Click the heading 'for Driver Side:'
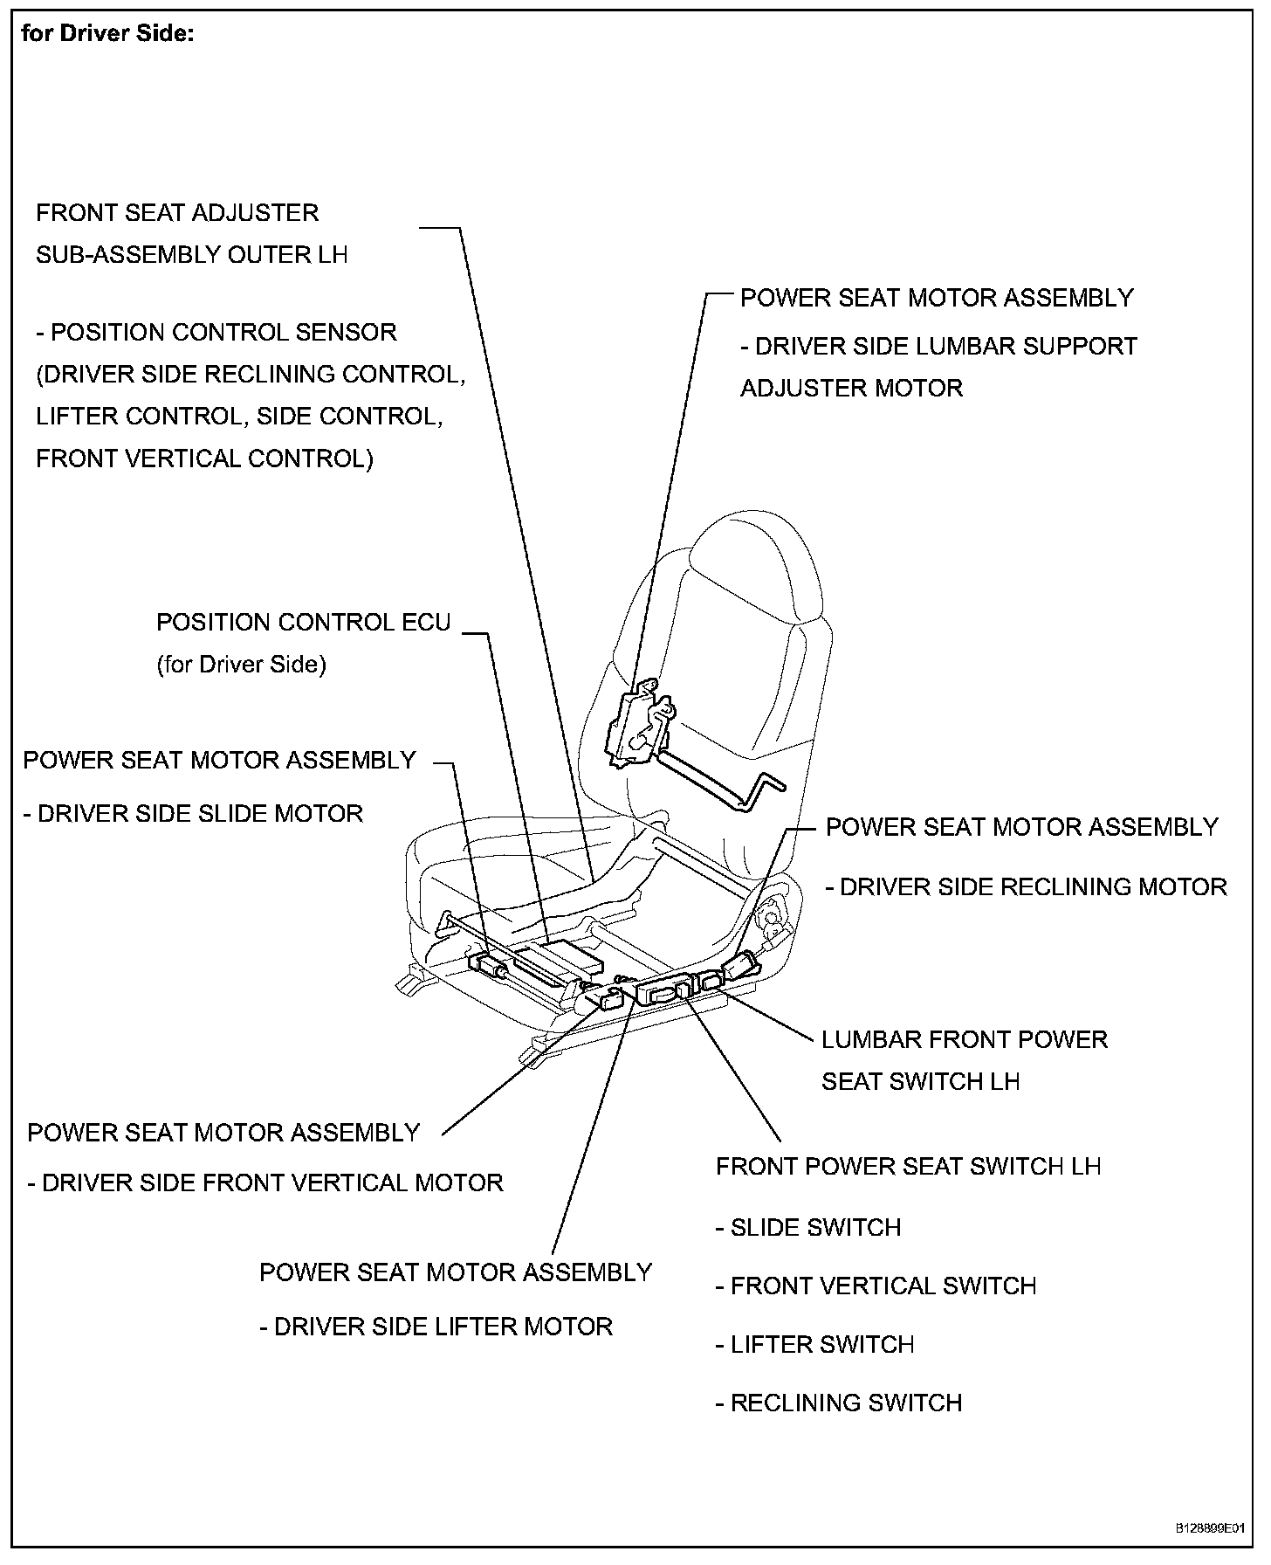click(107, 34)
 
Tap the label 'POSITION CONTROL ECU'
click(303, 623)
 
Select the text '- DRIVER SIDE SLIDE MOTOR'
click(193, 814)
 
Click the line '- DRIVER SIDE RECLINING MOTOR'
click(1027, 887)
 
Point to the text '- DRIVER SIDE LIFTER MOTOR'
click(436, 1327)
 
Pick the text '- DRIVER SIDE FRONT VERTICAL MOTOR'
click(265, 1183)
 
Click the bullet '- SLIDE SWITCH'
click(808, 1228)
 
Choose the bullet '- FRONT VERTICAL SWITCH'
click(876, 1286)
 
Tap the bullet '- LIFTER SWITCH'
click(814, 1345)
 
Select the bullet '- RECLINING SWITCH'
click(838, 1403)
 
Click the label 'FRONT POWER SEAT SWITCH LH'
click(908, 1167)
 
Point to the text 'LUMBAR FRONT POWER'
click(964, 1040)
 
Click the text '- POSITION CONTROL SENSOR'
click(216, 333)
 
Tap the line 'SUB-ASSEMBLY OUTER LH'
click(192, 255)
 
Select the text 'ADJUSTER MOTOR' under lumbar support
click(851, 389)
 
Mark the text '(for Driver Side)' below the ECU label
click(241, 665)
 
